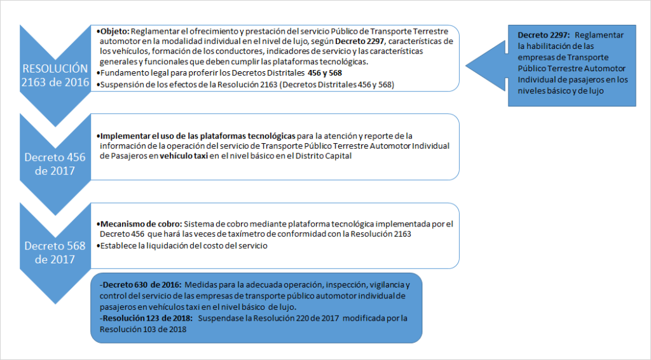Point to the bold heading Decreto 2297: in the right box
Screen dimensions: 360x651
point(542,34)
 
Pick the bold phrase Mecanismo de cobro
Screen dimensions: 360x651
point(139,225)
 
